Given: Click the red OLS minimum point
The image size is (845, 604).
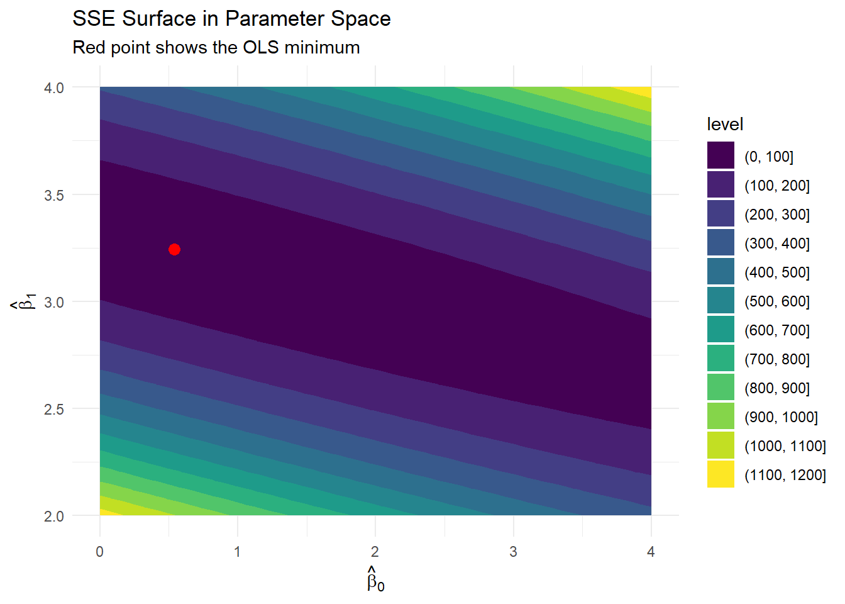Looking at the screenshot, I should (175, 250).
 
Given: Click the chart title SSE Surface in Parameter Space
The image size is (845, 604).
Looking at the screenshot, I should (231, 19).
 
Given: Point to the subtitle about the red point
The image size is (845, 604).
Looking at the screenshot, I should (216, 48).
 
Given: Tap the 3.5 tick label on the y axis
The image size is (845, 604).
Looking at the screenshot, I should (54, 195).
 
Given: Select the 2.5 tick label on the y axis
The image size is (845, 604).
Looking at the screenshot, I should (54, 410).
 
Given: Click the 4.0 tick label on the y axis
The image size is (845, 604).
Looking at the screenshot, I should (54, 88).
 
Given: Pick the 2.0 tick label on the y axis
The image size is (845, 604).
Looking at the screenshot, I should (54, 517).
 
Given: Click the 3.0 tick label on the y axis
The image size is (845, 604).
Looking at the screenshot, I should (54, 303).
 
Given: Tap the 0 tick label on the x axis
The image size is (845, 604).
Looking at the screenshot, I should (100, 552).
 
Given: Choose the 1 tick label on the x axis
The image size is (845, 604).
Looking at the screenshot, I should (238, 552).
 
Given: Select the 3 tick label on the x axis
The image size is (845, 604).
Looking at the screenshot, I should (513, 552).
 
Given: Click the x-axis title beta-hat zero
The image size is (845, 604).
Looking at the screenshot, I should (375, 579).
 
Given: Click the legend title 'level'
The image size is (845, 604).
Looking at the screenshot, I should (725, 125).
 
